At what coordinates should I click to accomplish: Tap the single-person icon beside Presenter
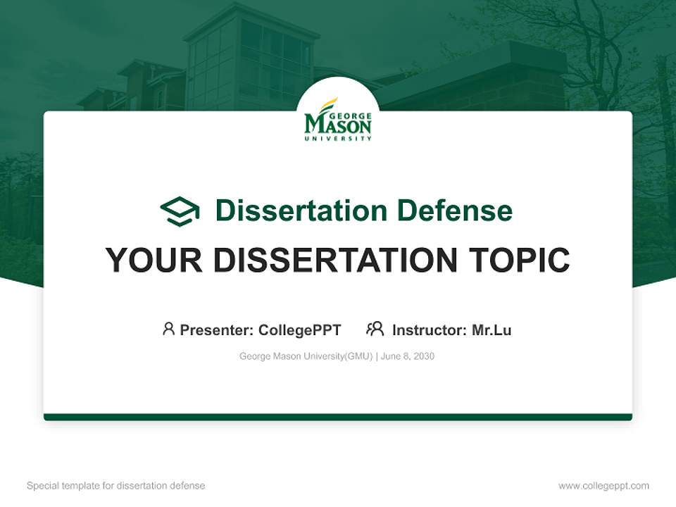tap(168, 329)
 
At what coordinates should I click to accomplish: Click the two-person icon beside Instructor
tap(375, 329)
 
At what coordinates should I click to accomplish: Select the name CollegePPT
tap(300, 330)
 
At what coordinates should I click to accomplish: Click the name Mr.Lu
tap(492, 330)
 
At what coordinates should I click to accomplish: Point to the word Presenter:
tap(217, 330)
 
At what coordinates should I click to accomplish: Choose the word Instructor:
tap(430, 330)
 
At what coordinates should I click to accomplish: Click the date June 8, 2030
tap(408, 356)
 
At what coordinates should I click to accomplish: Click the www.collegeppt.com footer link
tap(603, 486)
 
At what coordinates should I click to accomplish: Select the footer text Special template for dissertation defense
tap(116, 486)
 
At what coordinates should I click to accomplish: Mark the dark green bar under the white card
tap(338, 417)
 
